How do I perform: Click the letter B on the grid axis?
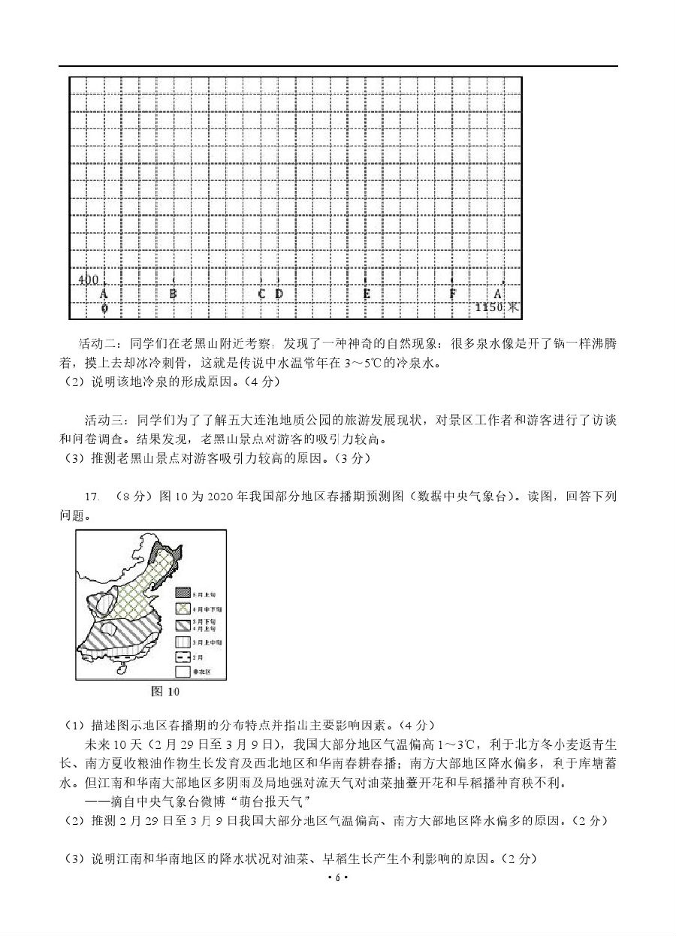(x=173, y=294)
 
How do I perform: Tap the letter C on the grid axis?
(x=262, y=294)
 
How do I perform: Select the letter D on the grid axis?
(x=279, y=294)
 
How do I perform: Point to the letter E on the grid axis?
(x=367, y=294)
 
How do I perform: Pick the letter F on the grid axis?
(x=453, y=294)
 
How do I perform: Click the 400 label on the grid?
(x=89, y=280)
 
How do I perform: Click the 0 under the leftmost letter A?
(x=104, y=308)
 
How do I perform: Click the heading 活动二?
(x=98, y=344)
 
